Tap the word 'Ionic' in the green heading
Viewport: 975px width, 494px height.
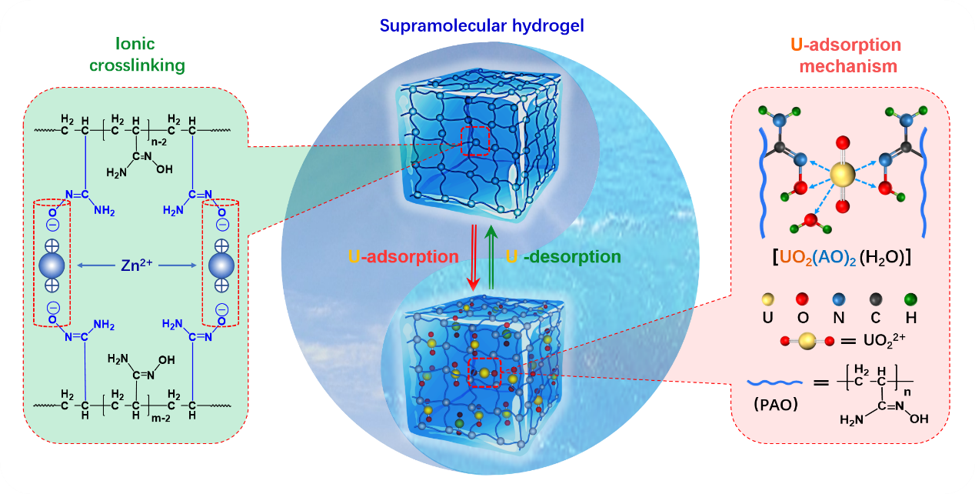click(137, 44)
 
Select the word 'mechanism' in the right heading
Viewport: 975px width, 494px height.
click(848, 66)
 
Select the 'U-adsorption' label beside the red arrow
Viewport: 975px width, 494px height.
click(404, 255)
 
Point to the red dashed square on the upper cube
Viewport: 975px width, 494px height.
click(474, 140)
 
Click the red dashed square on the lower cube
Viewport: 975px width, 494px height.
click(485, 372)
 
